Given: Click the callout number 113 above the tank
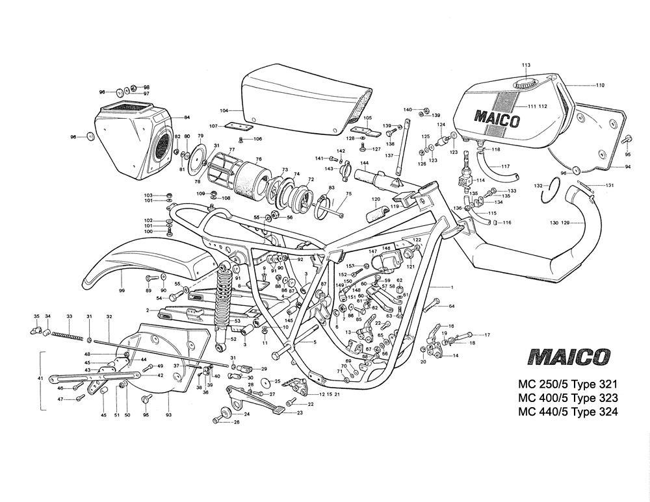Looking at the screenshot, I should tap(526, 65).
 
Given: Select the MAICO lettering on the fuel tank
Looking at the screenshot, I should tap(497, 119).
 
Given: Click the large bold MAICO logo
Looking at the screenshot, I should tap(569, 357).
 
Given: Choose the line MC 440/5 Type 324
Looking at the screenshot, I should tap(567, 412).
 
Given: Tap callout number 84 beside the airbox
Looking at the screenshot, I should tap(187, 117).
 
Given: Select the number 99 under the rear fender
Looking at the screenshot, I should tap(122, 290).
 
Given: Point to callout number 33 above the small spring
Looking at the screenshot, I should tap(69, 316).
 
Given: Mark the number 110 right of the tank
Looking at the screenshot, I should tap(600, 85).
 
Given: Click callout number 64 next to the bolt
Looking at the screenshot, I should tap(451, 305).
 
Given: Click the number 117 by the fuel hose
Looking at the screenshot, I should tap(505, 166).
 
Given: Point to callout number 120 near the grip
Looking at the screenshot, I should tap(376, 199).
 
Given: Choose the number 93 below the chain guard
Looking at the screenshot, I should tap(168, 415).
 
